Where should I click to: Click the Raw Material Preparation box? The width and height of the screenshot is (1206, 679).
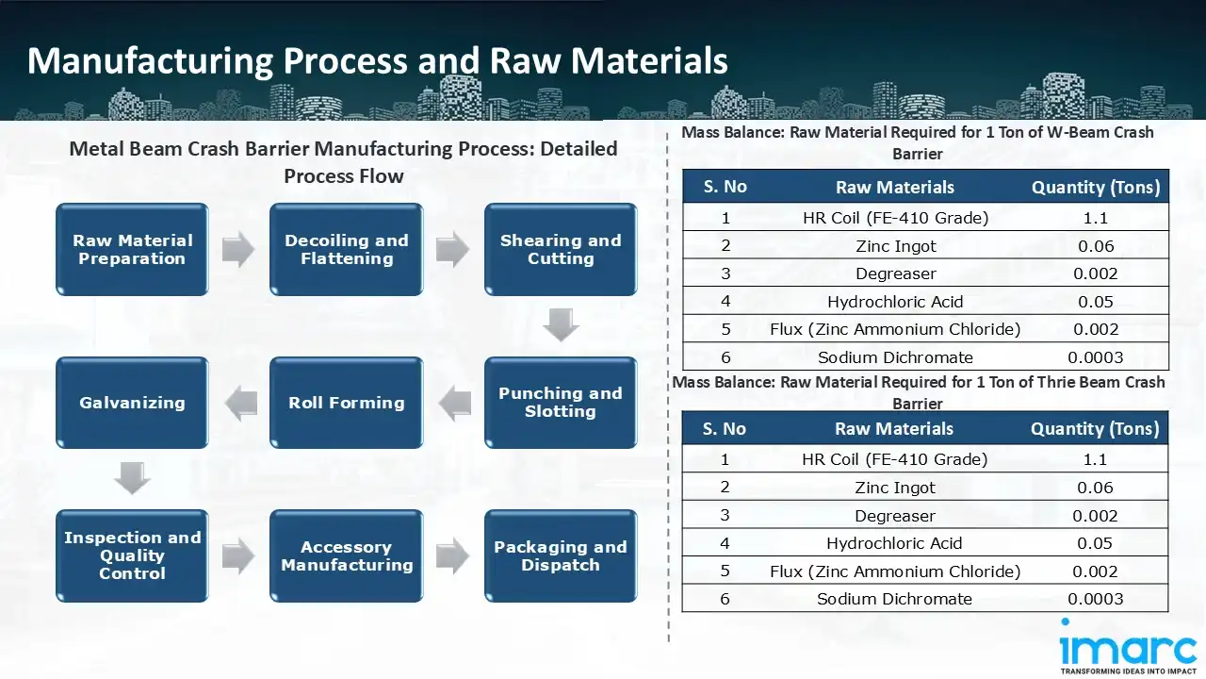132,250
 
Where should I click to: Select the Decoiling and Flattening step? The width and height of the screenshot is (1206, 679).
347,250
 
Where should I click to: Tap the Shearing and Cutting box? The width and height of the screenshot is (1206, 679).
561,250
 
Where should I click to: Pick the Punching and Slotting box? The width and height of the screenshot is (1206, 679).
561,403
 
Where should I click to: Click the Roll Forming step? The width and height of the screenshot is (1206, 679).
347,403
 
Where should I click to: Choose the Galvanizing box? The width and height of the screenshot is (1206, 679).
132,403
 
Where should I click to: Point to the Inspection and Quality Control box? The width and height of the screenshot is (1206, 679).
132,555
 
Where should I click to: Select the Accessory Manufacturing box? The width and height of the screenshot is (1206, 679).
347,555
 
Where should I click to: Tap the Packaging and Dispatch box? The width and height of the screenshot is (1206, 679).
561,555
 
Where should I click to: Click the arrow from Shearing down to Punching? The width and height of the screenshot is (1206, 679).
561,325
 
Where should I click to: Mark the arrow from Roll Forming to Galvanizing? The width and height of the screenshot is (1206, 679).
240,403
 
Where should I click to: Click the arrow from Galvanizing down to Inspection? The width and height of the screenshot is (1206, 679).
132,478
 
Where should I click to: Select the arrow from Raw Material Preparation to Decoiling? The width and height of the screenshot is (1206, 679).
238,250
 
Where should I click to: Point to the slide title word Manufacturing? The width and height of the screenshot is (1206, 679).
149,60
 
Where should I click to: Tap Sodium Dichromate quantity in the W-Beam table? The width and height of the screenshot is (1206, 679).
1095,357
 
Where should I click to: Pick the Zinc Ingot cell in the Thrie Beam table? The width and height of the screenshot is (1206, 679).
894,488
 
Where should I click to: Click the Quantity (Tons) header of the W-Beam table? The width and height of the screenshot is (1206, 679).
1095,187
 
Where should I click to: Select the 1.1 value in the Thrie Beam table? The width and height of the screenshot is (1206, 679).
1095,459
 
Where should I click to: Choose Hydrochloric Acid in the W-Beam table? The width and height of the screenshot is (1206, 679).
894,302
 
